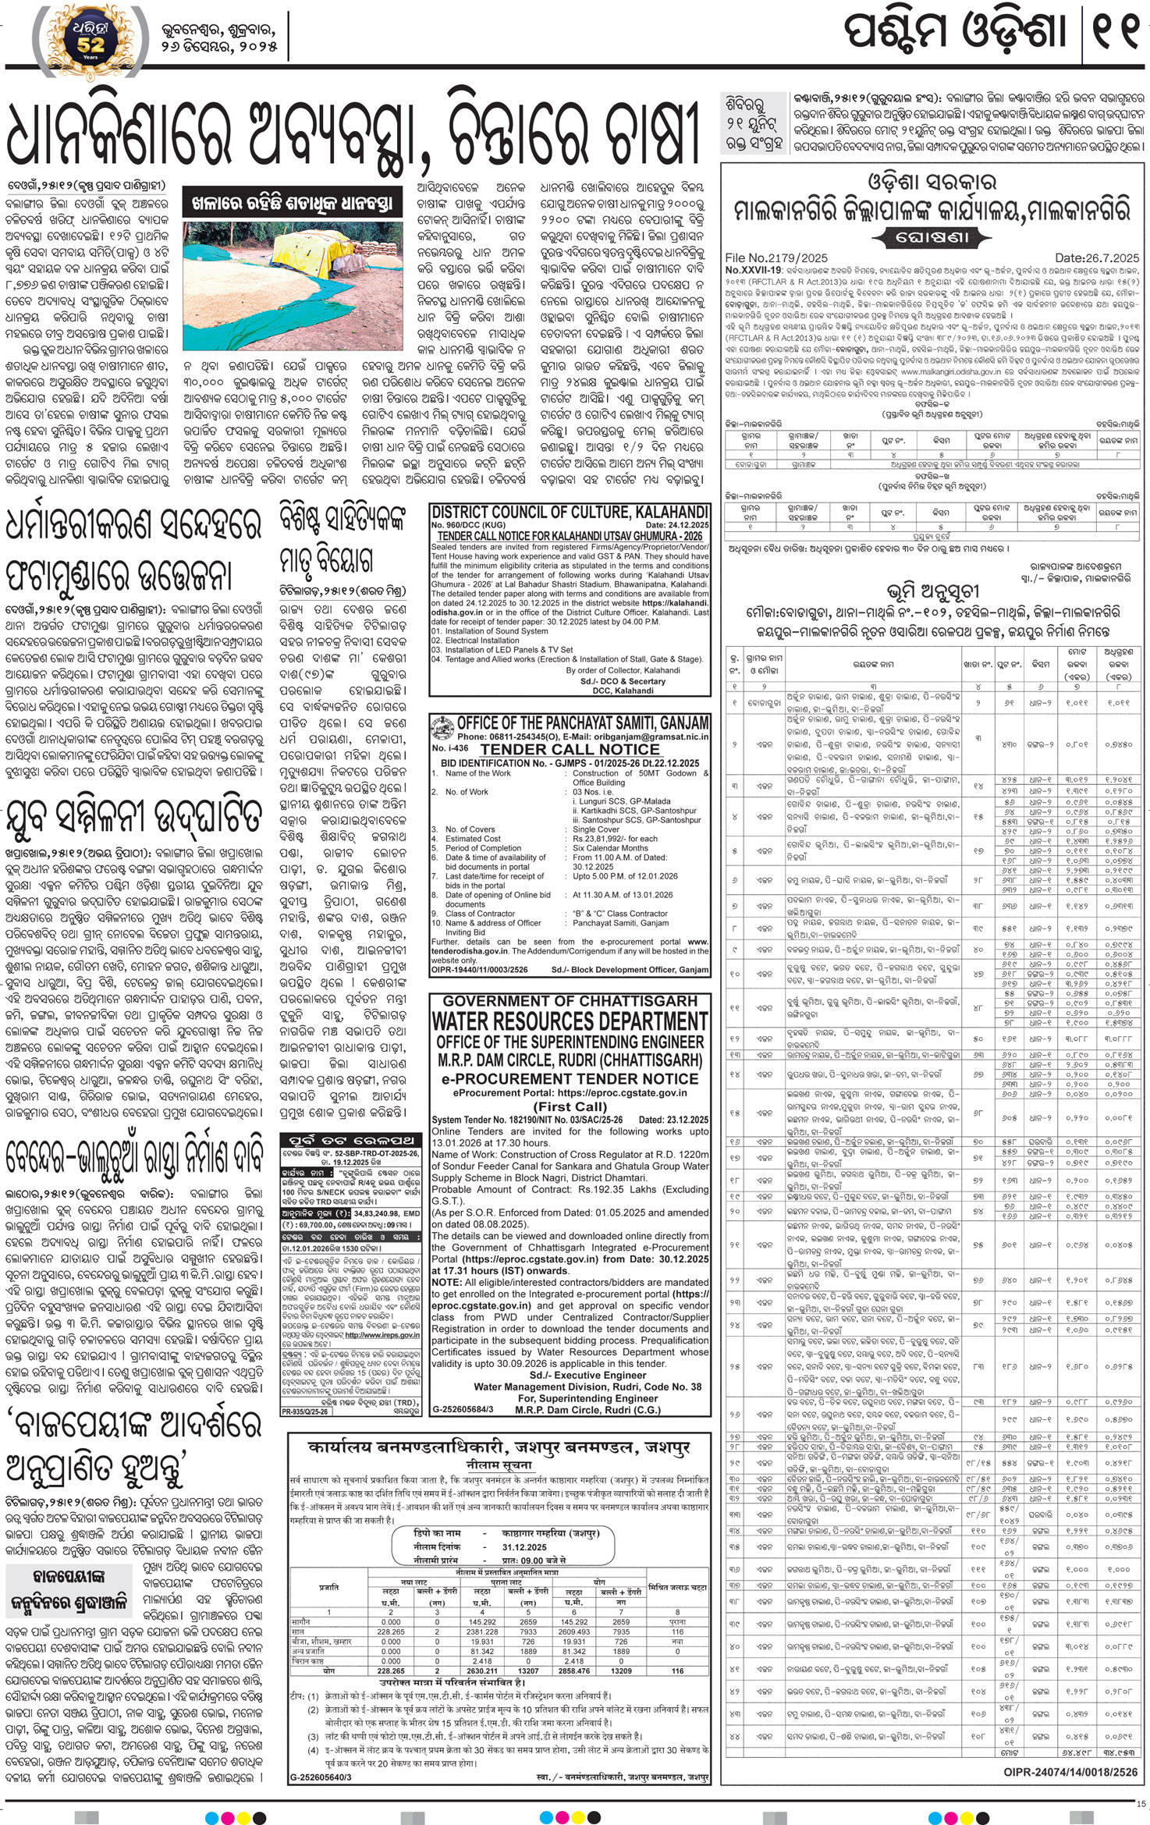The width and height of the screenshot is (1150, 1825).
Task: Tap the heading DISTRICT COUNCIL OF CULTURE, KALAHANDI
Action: click(570, 513)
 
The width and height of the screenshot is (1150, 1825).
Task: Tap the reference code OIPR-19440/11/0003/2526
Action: click(480, 970)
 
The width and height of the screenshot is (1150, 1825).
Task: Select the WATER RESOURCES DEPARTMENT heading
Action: click(570, 1021)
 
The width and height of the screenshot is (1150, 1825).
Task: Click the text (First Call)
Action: click(570, 1106)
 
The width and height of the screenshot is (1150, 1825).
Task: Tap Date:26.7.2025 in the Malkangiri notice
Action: click(1096, 257)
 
